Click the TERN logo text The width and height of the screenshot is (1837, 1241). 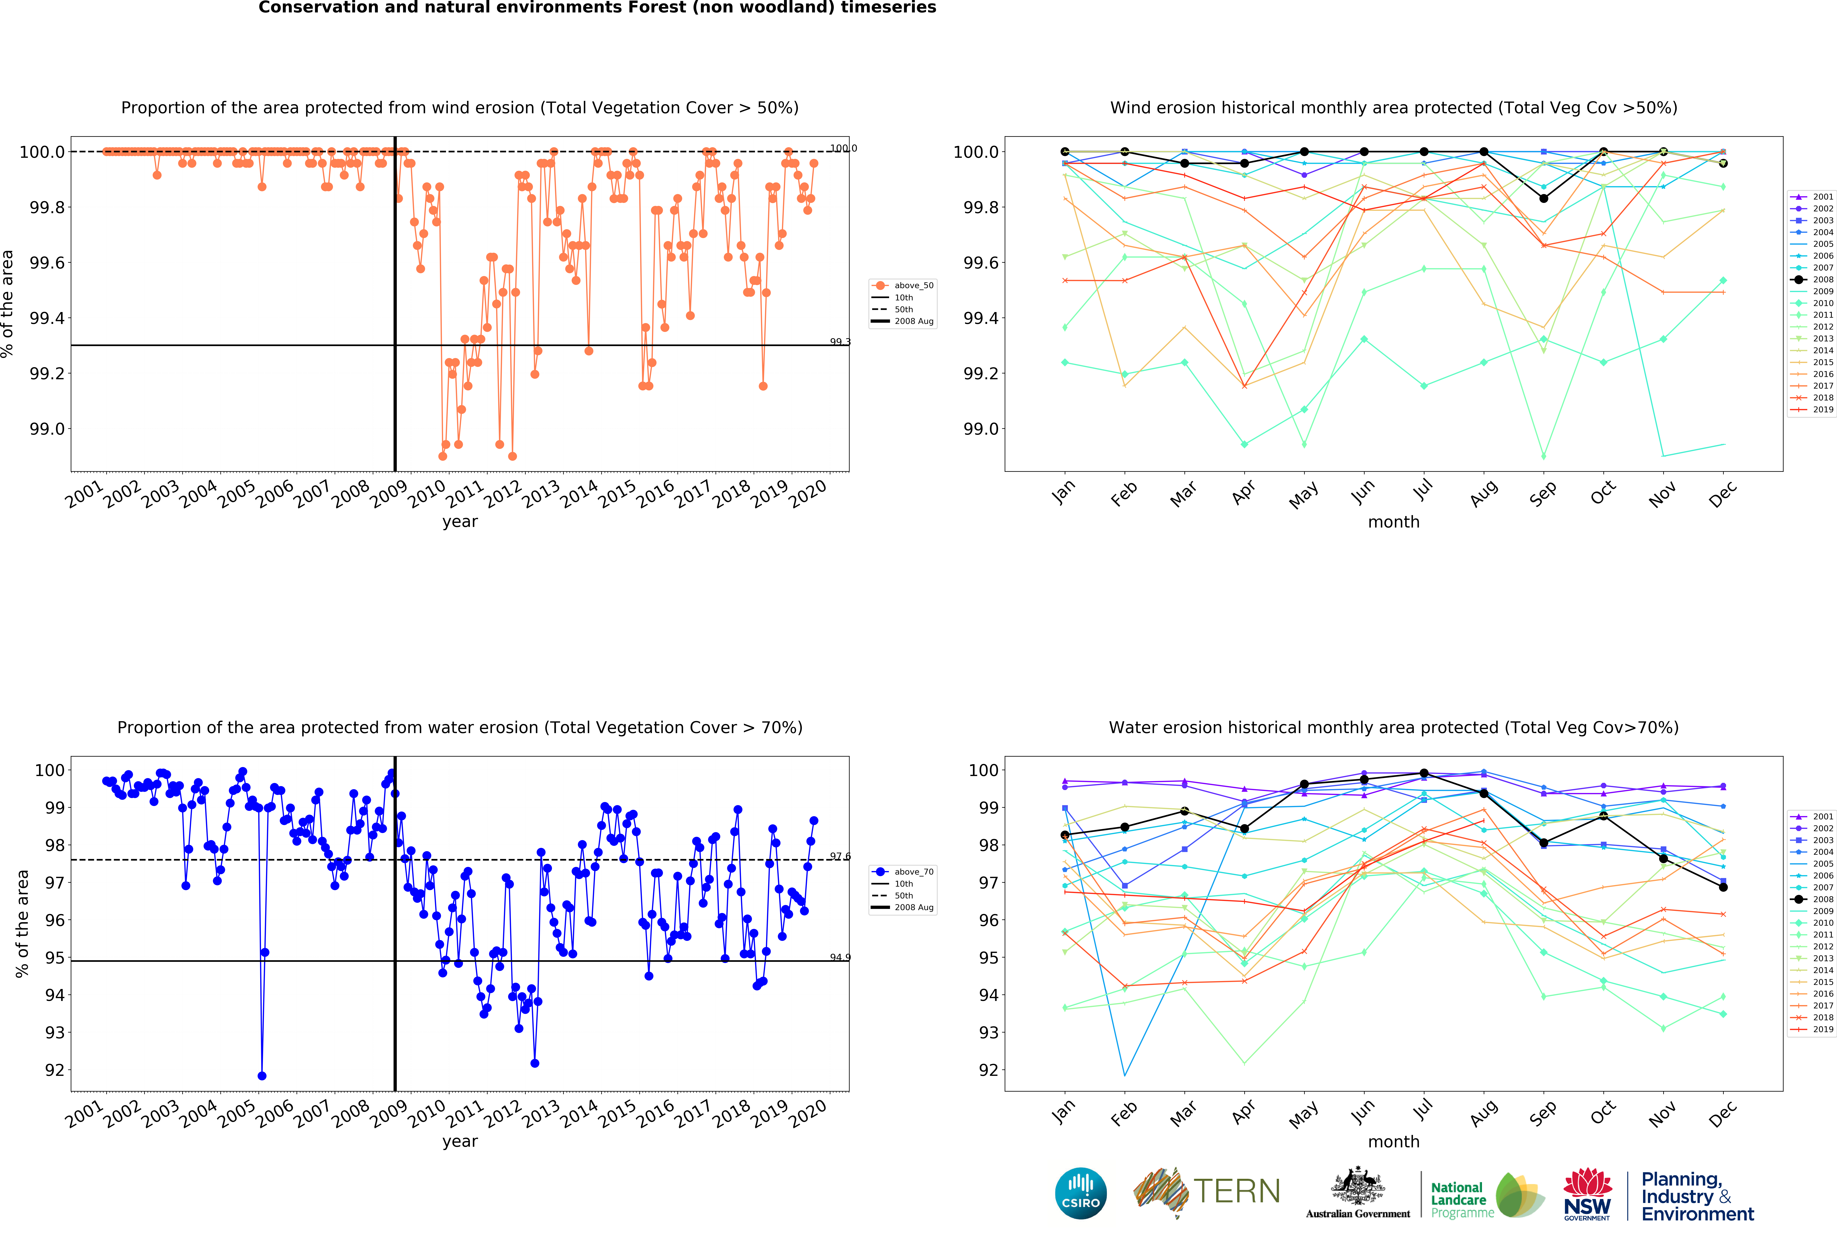tap(1237, 1191)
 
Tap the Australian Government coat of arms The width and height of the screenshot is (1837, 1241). tap(1357, 1186)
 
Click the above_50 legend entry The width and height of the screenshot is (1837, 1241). tap(913, 285)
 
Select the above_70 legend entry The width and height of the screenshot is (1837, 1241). tap(913, 872)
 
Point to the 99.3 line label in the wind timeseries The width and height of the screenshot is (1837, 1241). tap(840, 341)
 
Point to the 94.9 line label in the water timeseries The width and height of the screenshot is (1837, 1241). tap(840, 957)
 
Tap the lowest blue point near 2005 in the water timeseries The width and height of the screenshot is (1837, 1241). tap(262, 1076)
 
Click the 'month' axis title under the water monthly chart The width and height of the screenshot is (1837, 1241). tap(1394, 1141)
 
